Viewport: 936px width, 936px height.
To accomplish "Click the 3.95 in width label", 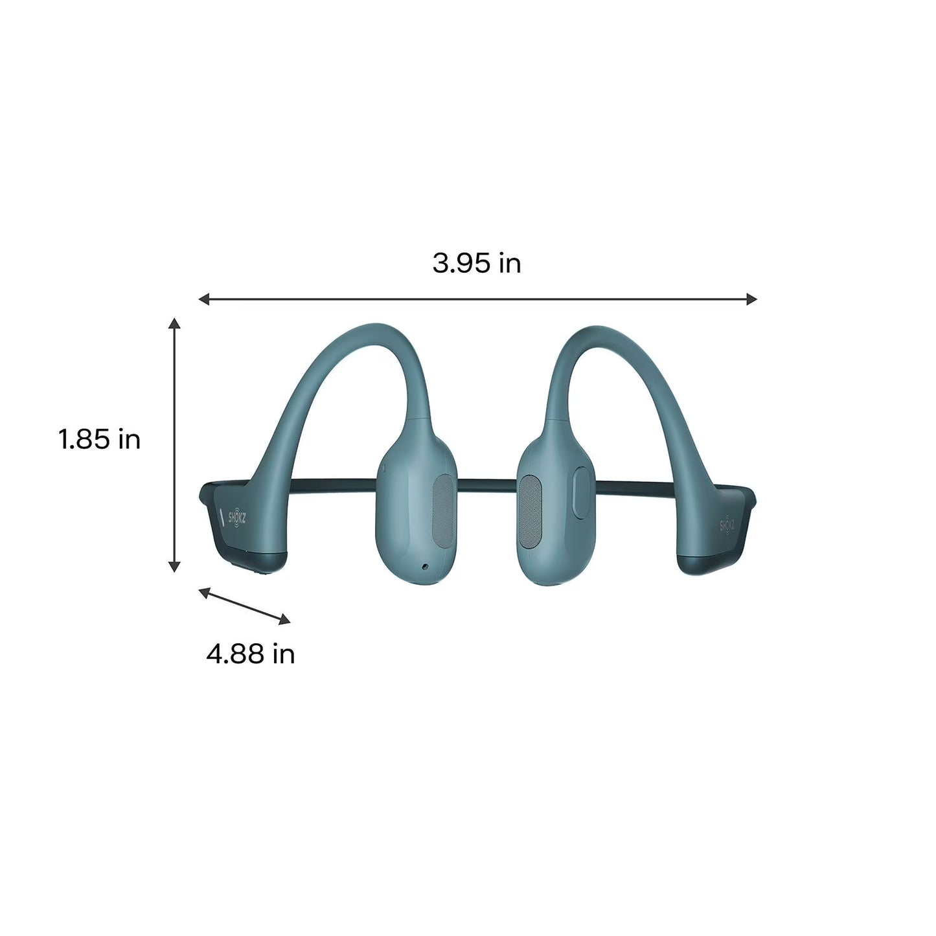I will (477, 264).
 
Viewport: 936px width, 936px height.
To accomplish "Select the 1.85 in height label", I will (100, 440).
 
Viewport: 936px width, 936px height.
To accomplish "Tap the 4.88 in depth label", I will (251, 654).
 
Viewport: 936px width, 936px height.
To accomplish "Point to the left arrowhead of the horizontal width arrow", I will (203, 299).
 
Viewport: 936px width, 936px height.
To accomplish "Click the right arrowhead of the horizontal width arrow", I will (752, 299).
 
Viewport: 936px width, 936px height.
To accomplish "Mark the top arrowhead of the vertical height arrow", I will (174, 323).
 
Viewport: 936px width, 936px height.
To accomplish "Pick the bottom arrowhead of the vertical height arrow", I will (174, 567).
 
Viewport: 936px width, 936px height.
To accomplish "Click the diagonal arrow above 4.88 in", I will (244, 606).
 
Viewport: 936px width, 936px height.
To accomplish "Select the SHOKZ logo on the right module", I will (727, 523).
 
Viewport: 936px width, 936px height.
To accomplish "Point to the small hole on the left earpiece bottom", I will (424, 567).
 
